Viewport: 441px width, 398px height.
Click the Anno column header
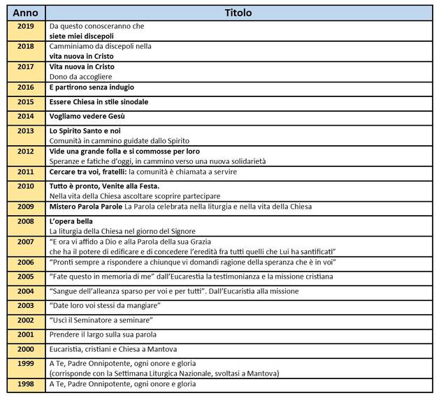coord(24,13)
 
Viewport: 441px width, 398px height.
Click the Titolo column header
coord(238,13)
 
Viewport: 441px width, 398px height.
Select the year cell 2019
coord(24,26)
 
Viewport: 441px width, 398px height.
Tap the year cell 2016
coord(24,87)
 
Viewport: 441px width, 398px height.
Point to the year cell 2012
coord(24,152)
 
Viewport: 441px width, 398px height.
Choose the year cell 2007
coord(24,241)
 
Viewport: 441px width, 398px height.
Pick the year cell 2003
coord(24,307)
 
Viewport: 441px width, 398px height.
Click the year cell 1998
coord(24,383)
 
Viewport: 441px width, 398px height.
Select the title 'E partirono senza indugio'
coord(92,87)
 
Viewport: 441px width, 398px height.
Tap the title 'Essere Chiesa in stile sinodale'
coord(99,102)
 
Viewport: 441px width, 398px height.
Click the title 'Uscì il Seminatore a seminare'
coord(98,320)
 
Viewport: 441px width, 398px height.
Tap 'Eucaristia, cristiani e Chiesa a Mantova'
coord(118,349)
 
